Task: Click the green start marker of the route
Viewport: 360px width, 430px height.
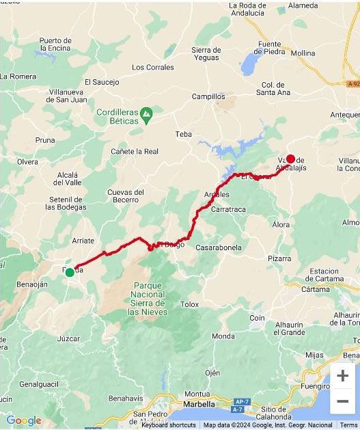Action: pyautogui.click(x=70, y=272)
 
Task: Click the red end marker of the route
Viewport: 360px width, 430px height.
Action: pyautogui.click(x=290, y=159)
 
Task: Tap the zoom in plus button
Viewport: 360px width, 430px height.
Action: pyautogui.click(x=343, y=375)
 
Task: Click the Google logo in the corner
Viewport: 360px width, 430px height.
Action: pyautogui.click(x=23, y=420)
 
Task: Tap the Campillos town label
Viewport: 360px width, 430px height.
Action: pyautogui.click(x=208, y=97)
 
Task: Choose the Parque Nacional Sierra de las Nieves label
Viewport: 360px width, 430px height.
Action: pyautogui.click(x=148, y=298)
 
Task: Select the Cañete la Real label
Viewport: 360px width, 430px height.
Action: pyautogui.click(x=135, y=151)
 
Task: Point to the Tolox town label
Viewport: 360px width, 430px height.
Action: pyautogui.click(x=189, y=304)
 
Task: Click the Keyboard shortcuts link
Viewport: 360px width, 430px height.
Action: pyautogui.click(x=169, y=425)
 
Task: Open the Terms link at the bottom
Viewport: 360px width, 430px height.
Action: pyautogui.click(x=348, y=425)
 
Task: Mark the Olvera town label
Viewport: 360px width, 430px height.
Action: pyautogui.click(x=28, y=162)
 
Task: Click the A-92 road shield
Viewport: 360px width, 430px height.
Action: pyautogui.click(x=352, y=83)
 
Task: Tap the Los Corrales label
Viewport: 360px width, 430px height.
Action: pyautogui.click(x=153, y=67)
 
